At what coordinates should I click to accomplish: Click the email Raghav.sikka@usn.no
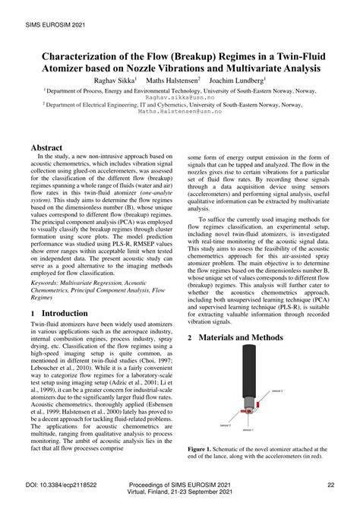pos(180,97)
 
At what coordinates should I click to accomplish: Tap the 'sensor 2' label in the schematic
pos(278,390)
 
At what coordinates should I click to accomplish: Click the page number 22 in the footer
pos(331,485)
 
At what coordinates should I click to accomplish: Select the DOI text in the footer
pos(64,485)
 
